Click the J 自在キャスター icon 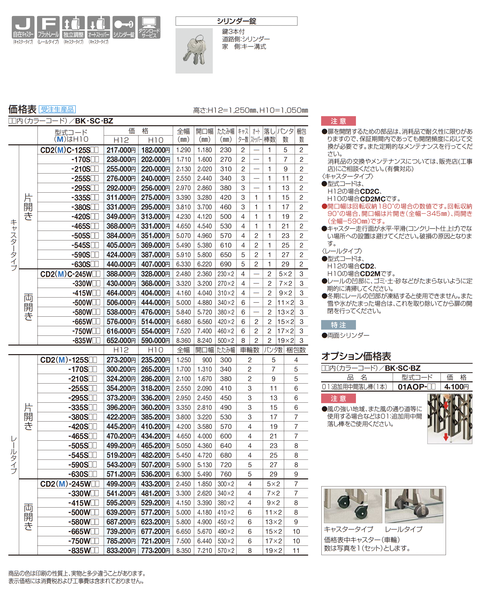point(23,27)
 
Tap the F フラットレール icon point(48,27)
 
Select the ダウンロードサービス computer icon point(149,27)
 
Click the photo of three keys point(194,51)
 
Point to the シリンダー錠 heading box point(236,21)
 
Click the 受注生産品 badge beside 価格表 point(57,109)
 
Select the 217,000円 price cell point(121,150)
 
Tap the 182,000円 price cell point(155,150)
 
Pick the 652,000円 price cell point(121,341)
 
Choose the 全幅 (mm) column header point(183,135)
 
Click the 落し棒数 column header point(269,135)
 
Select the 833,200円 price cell point(121,550)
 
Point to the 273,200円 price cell point(121,360)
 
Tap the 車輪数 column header point(250,350)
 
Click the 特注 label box point(338,325)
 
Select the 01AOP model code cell point(416,387)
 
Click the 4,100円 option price point(456,387)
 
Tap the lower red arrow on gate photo point(446,437)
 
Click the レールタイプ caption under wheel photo point(404,529)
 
